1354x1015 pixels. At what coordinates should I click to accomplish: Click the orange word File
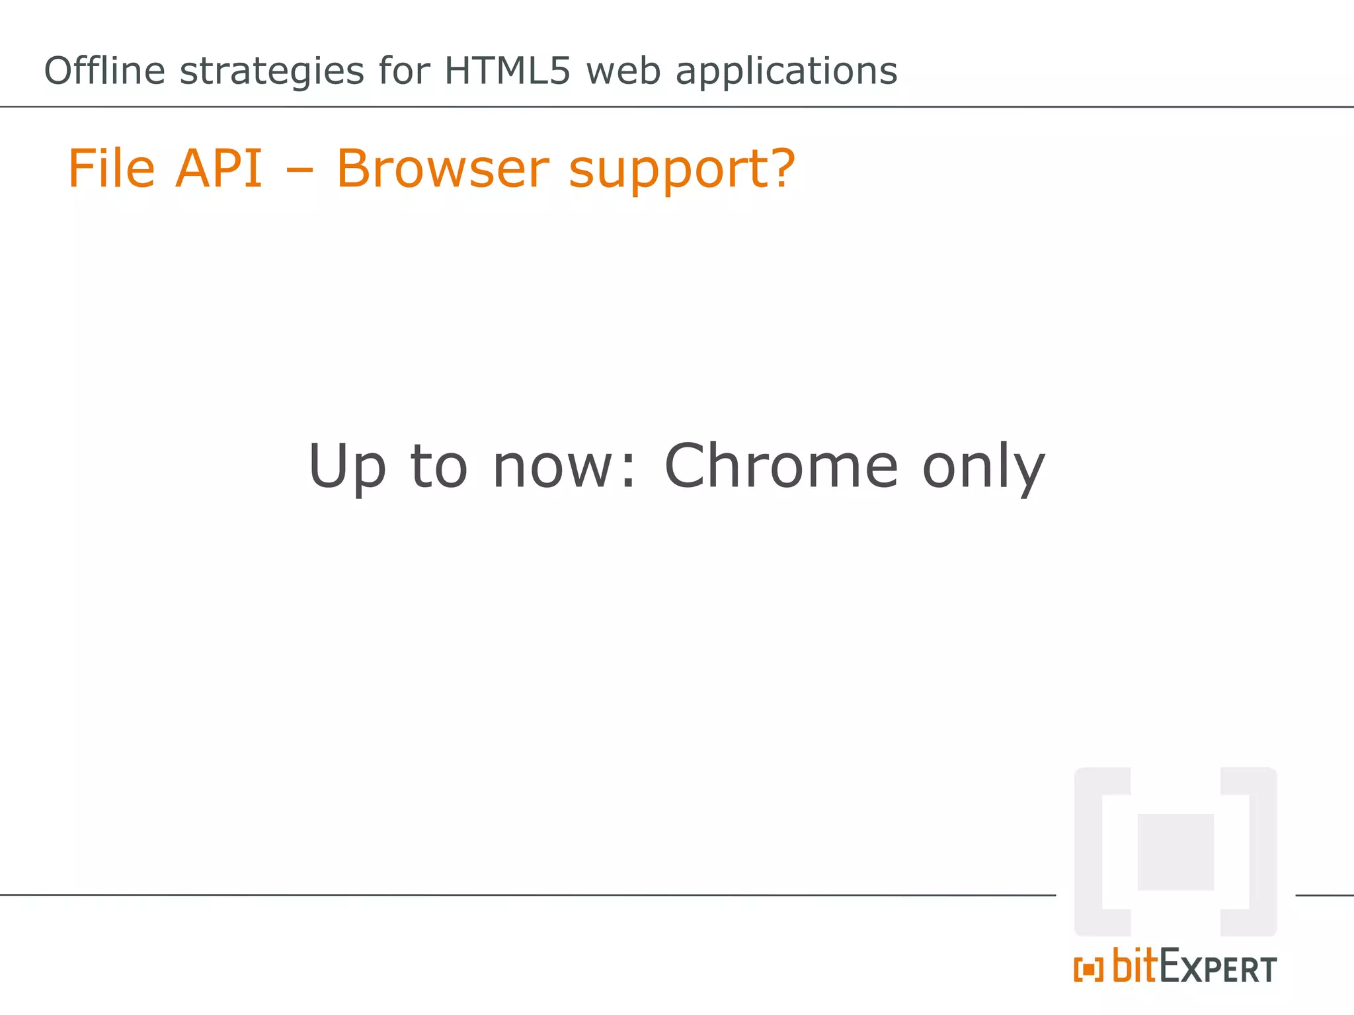112,169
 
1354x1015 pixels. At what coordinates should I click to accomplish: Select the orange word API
219,169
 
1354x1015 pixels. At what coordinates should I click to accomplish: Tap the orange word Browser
442,169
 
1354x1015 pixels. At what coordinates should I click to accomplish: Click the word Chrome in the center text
781,466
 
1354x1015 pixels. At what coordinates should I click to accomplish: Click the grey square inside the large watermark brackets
1175,852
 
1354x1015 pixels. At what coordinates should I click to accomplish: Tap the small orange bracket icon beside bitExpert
1088,969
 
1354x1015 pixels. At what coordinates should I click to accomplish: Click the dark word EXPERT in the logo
1218,967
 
